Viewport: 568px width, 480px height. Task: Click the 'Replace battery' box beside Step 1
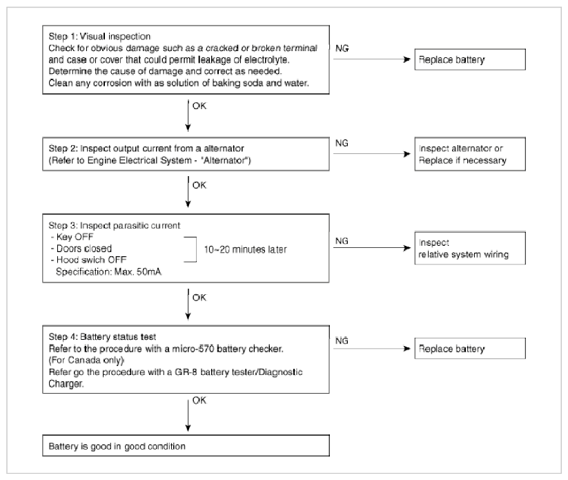click(470, 59)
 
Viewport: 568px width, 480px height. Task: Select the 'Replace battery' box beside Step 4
click(470, 348)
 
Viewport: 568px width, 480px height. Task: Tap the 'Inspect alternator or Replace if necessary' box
click(470, 154)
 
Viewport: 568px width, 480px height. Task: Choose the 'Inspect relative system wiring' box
click(470, 248)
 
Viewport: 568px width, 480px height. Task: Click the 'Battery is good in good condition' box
click(186, 445)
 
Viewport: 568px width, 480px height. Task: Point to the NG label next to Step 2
click(342, 143)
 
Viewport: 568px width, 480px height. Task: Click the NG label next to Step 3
click(342, 241)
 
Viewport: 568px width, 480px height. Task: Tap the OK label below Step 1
click(199, 106)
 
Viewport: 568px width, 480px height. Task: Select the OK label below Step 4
click(199, 401)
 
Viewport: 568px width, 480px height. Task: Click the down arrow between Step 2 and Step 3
click(188, 192)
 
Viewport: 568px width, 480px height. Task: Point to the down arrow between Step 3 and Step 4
click(188, 305)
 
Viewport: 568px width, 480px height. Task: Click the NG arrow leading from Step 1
click(372, 59)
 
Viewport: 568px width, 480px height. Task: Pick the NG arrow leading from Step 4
click(372, 348)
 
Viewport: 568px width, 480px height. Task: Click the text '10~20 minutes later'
click(245, 249)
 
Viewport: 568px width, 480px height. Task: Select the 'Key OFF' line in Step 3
click(72, 237)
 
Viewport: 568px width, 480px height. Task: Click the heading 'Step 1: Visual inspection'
click(99, 36)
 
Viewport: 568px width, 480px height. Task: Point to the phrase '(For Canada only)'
click(86, 360)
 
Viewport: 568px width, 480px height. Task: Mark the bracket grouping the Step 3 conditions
click(196, 249)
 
